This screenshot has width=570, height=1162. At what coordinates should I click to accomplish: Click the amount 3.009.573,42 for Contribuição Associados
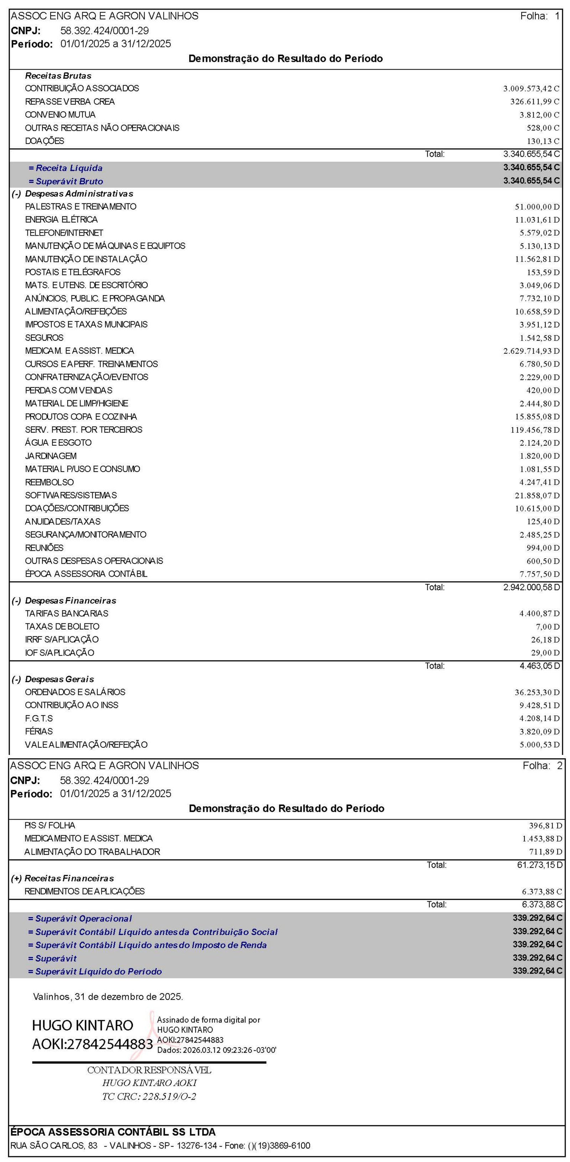coord(531,88)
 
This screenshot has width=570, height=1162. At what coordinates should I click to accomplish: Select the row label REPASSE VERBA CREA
coord(70,102)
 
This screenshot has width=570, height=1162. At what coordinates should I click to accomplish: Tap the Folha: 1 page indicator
coord(539,16)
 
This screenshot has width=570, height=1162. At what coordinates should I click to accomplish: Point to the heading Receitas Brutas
coord(58,76)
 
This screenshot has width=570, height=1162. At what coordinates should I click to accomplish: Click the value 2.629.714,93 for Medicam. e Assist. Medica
coord(531,351)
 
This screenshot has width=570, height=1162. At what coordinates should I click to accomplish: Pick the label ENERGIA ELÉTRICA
coord(61,220)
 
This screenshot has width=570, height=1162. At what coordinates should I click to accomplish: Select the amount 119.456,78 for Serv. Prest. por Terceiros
coord(534,430)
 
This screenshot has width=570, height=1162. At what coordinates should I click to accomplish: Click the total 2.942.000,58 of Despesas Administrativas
coord(531,587)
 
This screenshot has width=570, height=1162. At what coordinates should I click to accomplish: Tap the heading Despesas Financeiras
coord(70,600)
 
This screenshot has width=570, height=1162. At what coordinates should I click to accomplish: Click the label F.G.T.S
coord(39,718)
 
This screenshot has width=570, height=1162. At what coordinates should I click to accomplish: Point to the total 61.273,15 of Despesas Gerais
coord(539,865)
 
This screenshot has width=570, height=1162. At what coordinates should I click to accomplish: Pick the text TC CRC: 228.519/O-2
coord(149,1096)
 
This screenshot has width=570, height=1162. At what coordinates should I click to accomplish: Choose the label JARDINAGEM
coord(51,456)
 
